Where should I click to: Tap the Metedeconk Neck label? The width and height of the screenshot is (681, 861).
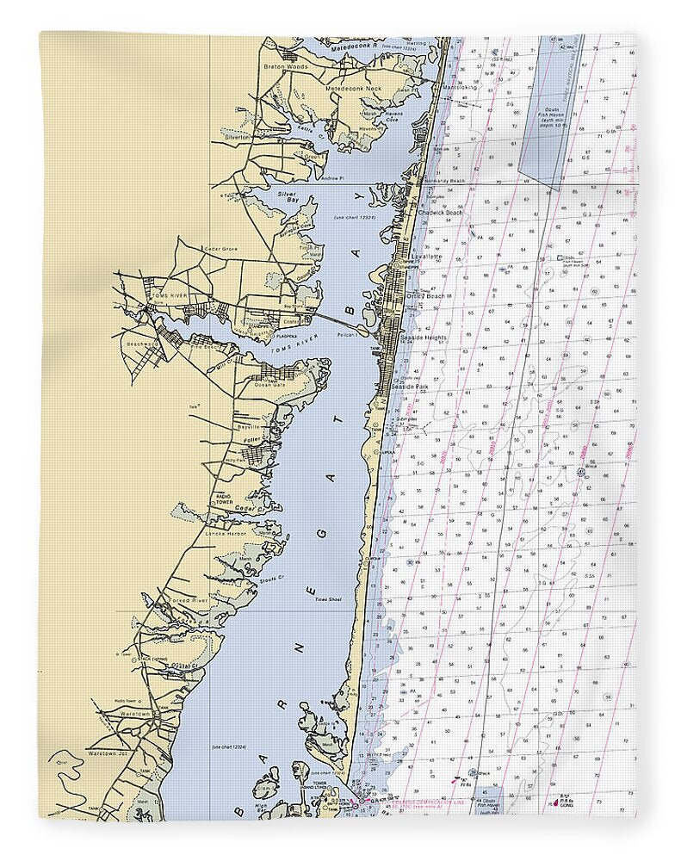coord(354,89)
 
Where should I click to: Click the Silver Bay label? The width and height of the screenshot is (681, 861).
coord(288,199)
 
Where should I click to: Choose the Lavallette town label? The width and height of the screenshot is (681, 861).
coord(427,257)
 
